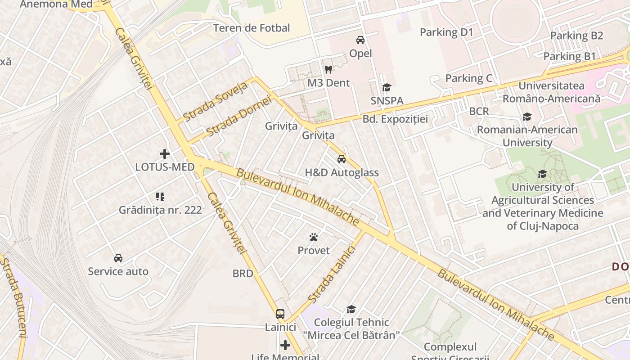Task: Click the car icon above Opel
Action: tap(360, 40)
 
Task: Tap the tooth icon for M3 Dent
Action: tap(328, 70)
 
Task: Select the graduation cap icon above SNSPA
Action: tap(387, 87)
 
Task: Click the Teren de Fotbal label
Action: tap(252, 28)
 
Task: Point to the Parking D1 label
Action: tap(446, 32)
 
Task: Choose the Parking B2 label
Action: tap(576, 36)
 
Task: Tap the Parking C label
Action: tap(468, 78)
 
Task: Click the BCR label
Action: tap(479, 111)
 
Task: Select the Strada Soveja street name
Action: tap(216, 102)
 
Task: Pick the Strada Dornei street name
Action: tap(239, 117)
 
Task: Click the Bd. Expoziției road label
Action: tap(395, 119)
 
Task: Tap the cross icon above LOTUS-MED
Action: tap(165, 154)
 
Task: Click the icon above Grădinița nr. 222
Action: tap(160, 197)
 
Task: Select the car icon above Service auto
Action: tap(118, 258)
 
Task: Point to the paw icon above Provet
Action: tap(314, 237)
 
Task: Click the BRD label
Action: tap(243, 273)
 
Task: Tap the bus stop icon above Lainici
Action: tap(280, 314)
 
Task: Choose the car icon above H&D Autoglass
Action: tap(342, 159)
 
